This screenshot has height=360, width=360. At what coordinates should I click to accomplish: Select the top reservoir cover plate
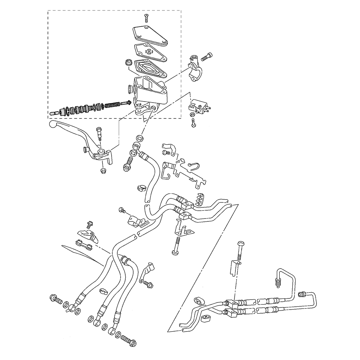[x=149, y=36]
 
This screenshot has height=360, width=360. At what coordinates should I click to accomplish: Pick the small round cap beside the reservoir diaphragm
[x=128, y=63]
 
